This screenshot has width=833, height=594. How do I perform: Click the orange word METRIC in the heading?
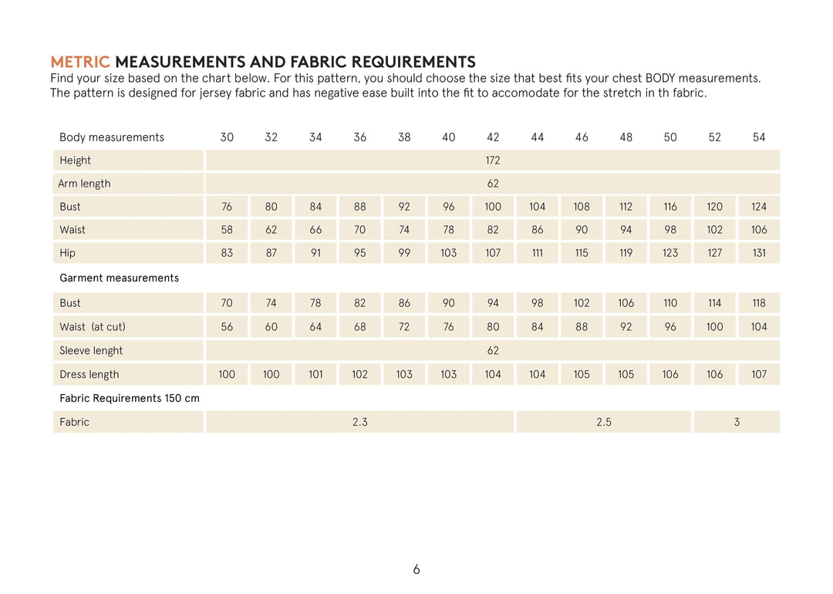[x=80, y=62]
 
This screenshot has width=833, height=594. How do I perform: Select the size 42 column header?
[x=493, y=137]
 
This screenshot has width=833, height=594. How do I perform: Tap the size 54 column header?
[x=759, y=137]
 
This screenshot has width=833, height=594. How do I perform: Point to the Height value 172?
[x=493, y=160]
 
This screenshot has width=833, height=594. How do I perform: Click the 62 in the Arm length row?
[x=493, y=184]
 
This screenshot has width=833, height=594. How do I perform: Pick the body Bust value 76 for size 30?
[x=227, y=207]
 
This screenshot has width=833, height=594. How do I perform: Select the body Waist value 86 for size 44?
[x=538, y=230]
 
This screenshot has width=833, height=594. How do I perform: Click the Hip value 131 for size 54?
[x=759, y=253]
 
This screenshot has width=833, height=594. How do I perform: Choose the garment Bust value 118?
[x=759, y=303]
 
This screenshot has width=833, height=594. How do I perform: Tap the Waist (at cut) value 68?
[x=360, y=327]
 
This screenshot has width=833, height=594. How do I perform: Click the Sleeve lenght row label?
[x=91, y=351]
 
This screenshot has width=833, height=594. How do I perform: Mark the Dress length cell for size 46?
[x=582, y=375]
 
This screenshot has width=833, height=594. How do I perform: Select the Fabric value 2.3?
[x=360, y=422]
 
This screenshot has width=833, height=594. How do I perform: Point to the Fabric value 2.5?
[x=604, y=422]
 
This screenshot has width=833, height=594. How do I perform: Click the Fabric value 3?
[x=737, y=422]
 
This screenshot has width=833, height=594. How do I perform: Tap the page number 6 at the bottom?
[x=416, y=570]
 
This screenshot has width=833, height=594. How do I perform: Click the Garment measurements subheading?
[x=119, y=278]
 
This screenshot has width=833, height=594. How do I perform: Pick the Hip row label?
[x=68, y=253]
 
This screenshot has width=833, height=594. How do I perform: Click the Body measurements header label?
[x=112, y=137]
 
